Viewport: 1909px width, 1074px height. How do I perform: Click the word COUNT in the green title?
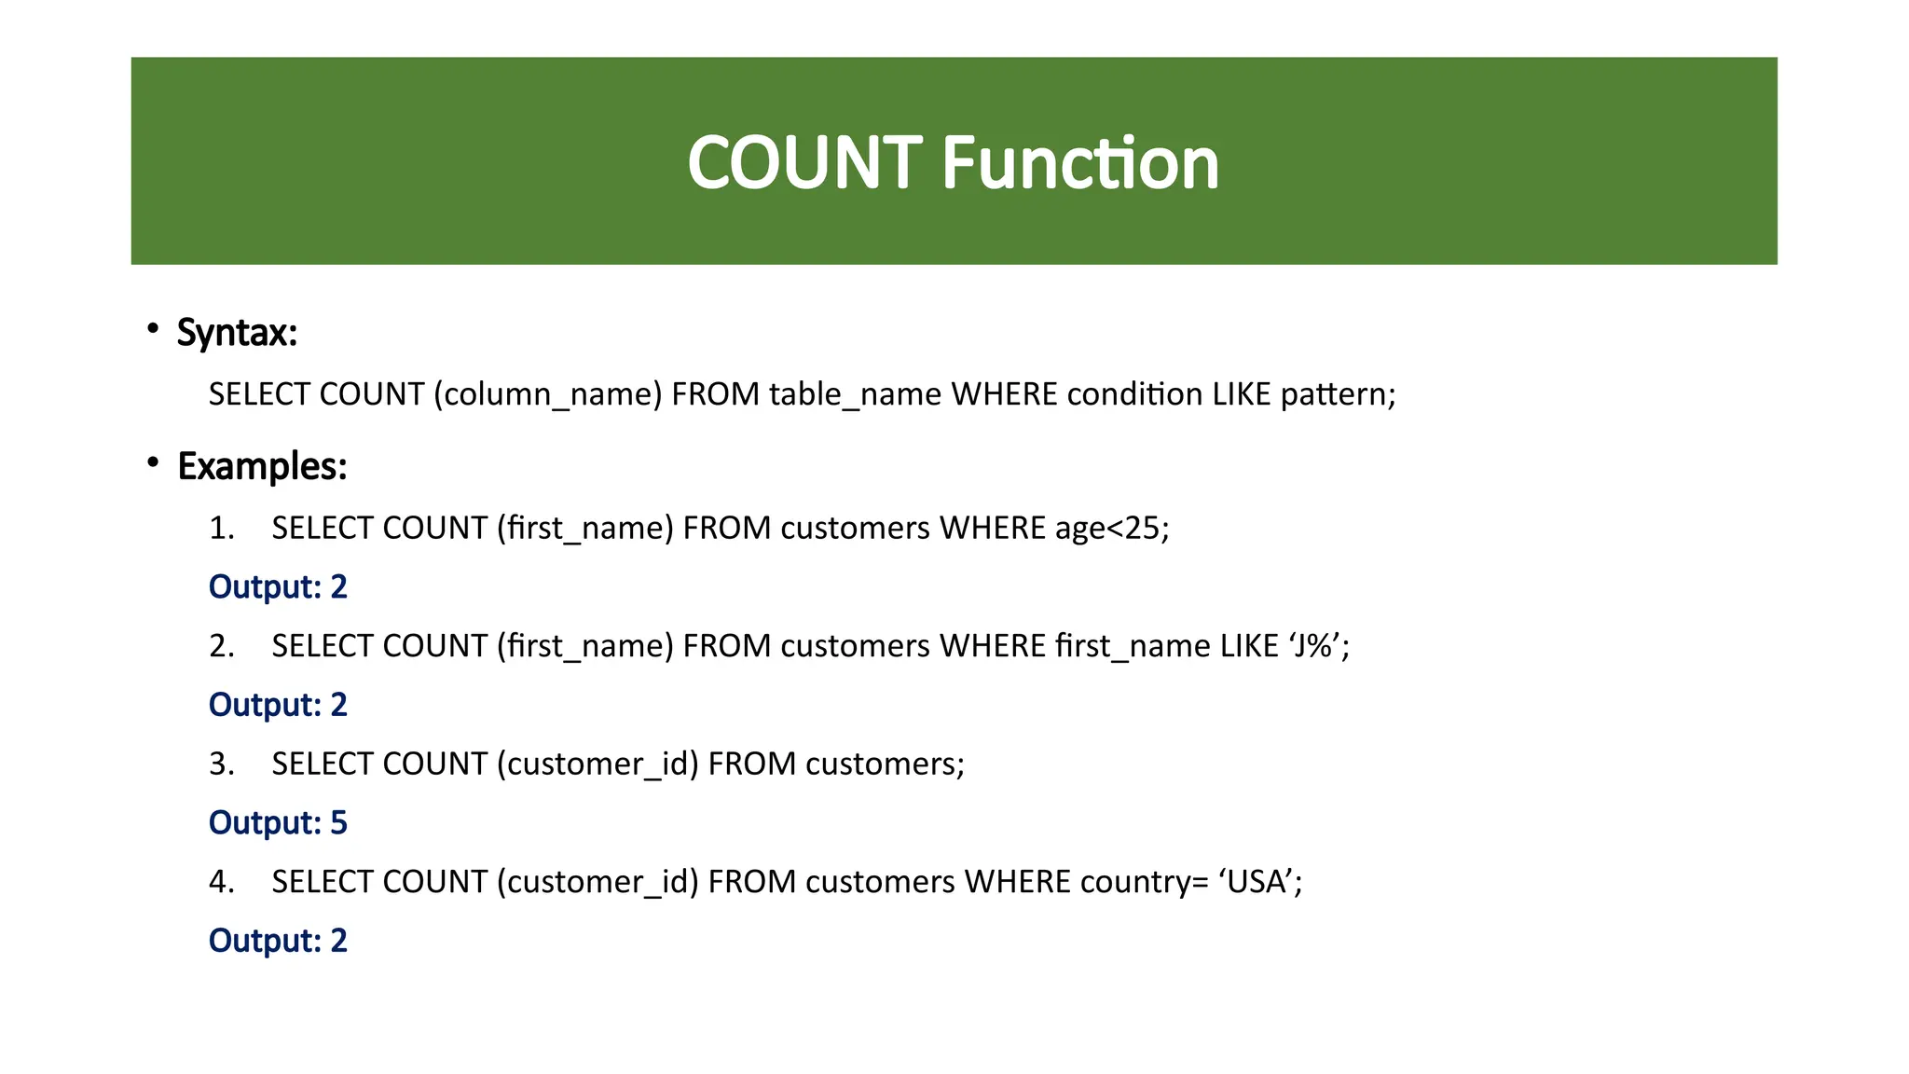(x=804, y=163)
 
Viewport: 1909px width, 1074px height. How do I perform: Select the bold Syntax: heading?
(x=237, y=333)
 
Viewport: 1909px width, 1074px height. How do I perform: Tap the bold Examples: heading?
(x=262, y=466)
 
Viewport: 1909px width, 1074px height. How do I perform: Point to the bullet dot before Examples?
(x=152, y=462)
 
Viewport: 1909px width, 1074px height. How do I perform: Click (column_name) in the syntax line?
(x=547, y=394)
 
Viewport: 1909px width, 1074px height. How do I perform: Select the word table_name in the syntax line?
(x=855, y=394)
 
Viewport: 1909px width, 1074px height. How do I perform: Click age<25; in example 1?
(x=1111, y=529)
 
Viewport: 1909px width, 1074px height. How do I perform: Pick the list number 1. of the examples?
(x=222, y=529)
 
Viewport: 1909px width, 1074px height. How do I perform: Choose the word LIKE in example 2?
(x=1249, y=645)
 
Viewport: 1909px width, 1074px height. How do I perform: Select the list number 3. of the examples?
(x=222, y=764)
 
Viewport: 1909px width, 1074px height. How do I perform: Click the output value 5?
(x=338, y=823)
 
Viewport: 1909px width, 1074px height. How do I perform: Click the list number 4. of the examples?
(x=222, y=881)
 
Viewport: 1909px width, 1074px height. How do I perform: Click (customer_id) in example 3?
(x=597, y=764)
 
